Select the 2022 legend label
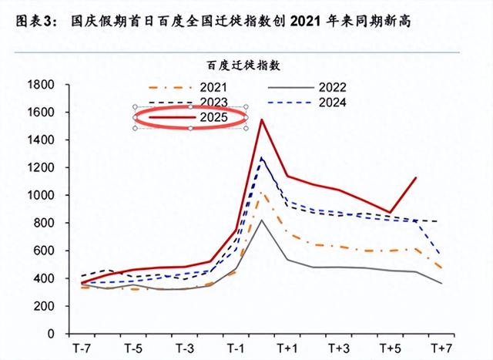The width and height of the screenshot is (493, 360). [332, 87]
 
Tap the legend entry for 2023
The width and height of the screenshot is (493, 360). [213, 102]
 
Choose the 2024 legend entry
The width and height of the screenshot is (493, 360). [332, 102]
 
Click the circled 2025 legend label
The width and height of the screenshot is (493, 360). [213, 117]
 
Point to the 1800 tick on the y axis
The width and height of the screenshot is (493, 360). [39, 84]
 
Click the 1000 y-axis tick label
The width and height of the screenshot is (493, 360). [39, 195]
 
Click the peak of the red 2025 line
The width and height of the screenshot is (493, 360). [262, 119]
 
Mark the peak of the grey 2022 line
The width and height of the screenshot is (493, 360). [262, 220]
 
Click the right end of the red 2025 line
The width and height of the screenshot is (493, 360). [416, 178]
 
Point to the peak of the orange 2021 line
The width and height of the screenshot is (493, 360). [262, 193]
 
